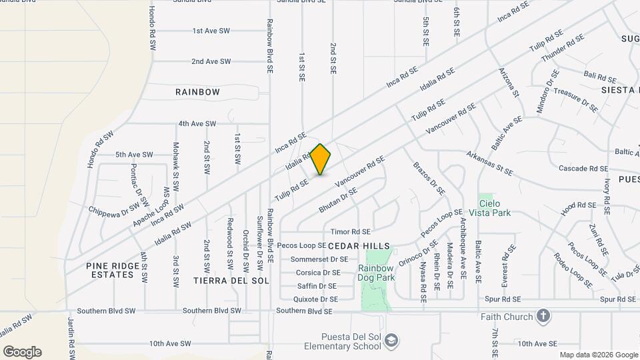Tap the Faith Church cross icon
pos(543,317)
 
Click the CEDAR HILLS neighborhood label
pos(359,245)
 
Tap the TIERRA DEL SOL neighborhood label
pos(231,281)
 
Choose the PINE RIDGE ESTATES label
pos(113,270)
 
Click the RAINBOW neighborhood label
pos(197,92)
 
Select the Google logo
pos(22,352)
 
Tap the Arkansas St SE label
pos(489,163)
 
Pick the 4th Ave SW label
pos(197,124)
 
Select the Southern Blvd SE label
pos(304,311)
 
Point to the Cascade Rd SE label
pos(583,169)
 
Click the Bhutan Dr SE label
pos(338,200)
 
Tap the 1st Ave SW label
pos(211,31)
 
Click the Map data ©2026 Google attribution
pos(598,355)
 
